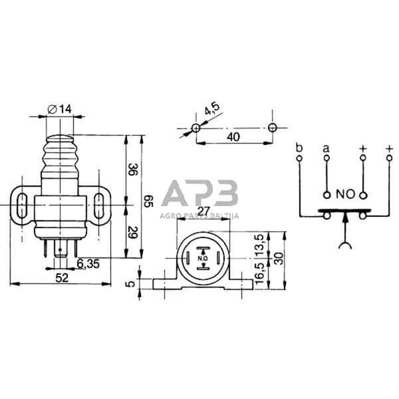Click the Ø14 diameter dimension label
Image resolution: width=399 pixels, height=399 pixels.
61,108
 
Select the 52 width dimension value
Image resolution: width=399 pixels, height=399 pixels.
61,279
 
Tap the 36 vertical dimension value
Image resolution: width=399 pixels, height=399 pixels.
132,170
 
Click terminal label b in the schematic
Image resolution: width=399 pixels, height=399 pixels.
299,148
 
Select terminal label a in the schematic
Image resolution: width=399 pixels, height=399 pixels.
326,148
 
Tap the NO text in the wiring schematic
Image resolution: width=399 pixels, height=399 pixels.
344,195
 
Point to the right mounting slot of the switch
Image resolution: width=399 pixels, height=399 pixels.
98,203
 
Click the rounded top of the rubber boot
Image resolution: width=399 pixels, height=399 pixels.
60,138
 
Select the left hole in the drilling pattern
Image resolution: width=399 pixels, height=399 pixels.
196,127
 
